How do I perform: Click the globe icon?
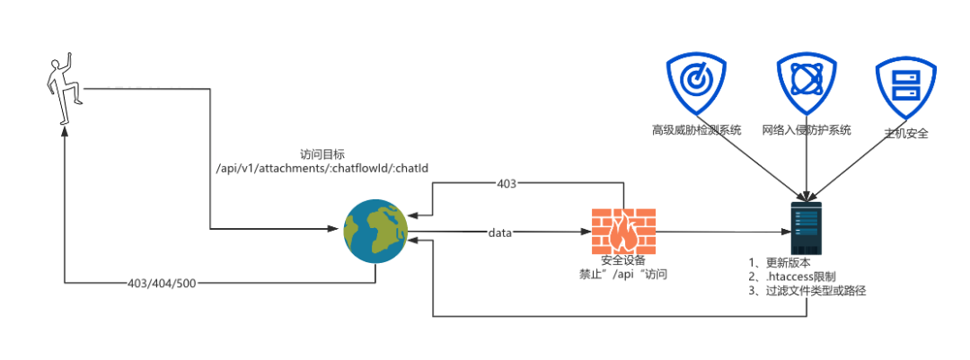(x=375, y=232)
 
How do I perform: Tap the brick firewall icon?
(x=622, y=232)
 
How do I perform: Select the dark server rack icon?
(x=806, y=228)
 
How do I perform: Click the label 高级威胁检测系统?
(x=696, y=130)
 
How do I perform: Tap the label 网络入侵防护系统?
(x=806, y=130)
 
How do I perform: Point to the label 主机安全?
(x=905, y=133)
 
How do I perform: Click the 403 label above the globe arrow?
(x=507, y=184)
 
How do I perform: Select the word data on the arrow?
(x=499, y=233)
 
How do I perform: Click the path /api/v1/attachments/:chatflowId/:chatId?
(x=322, y=169)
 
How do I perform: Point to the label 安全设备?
(x=623, y=260)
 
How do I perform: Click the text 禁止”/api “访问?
(x=623, y=275)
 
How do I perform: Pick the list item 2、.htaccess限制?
(x=790, y=277)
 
